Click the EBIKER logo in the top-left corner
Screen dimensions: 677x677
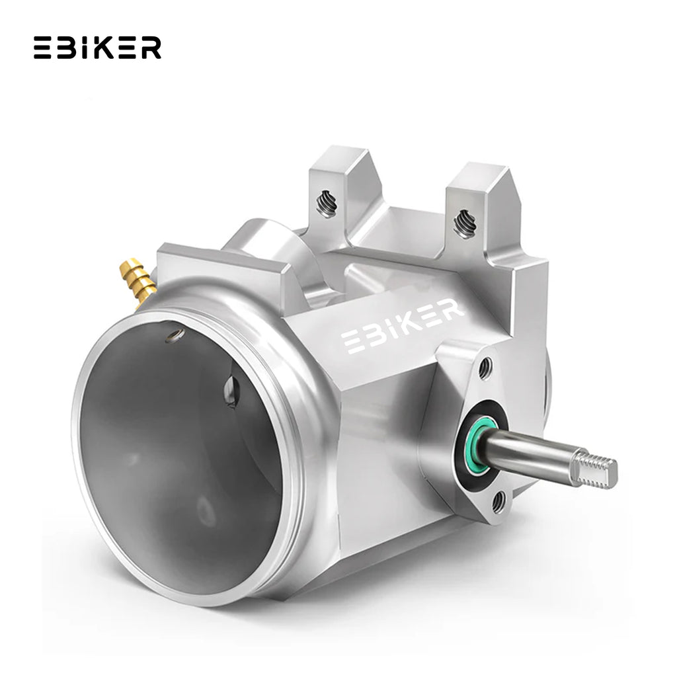click(97, 48)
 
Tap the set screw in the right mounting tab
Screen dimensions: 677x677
click(465, 223)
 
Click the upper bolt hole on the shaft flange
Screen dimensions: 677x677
click(485, 368)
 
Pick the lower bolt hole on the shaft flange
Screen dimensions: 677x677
click(498, 501)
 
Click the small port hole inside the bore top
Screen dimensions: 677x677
click(175, 335)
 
